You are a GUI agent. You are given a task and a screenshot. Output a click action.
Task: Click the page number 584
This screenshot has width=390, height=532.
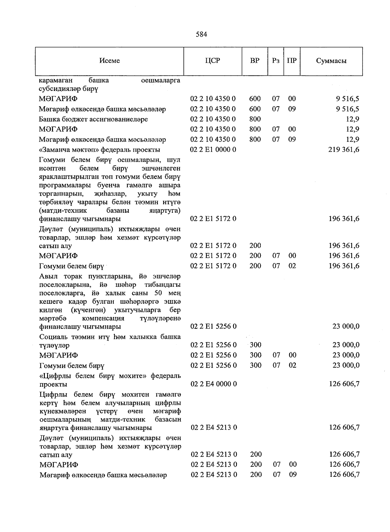(201, 34)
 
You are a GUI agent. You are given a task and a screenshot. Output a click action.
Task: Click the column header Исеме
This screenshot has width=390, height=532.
(110, 61)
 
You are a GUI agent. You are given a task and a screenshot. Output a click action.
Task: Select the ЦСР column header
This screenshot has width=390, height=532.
(213, 61)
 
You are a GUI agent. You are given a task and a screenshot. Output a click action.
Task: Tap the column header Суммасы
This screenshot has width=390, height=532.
(331, 61)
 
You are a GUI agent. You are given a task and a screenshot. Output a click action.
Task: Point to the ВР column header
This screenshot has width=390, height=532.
(255, 61)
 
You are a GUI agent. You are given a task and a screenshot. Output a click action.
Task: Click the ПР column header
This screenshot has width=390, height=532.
(292, 61)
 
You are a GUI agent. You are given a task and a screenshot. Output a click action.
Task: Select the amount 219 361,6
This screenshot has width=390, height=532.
(344, 150)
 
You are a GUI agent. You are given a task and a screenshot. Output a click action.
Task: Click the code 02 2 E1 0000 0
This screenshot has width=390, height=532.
(213, 150)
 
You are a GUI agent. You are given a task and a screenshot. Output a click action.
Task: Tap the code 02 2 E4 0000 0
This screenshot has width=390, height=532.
(214, 384)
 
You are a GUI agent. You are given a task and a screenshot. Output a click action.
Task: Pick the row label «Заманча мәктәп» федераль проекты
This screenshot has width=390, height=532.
(99, 150)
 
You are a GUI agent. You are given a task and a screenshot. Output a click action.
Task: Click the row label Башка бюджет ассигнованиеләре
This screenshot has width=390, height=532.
(93, 119)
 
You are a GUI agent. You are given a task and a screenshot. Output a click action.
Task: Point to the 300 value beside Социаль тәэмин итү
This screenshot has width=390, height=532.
(255, 345)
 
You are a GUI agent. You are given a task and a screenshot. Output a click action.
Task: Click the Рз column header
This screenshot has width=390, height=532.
(276, 61)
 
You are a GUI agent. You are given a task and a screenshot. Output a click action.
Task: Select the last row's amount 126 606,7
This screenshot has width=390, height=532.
(344, 475)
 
